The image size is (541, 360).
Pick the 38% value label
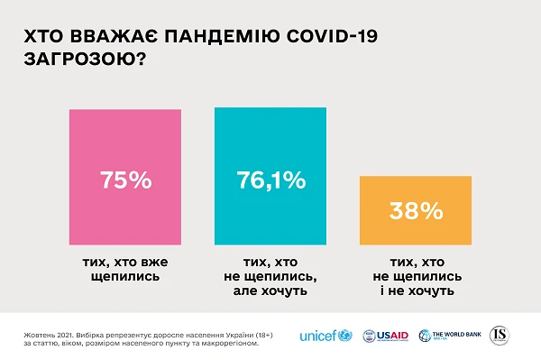coord(416,211)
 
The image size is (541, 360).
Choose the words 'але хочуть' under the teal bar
coord(270,291)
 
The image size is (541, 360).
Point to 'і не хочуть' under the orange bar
coord(416,291)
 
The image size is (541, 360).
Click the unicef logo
coord(326,337)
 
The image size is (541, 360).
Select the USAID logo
coord(385,337)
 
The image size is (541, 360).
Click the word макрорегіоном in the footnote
coord(218,342)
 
